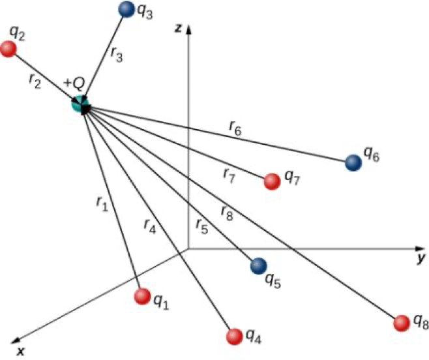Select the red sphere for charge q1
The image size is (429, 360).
pyautogui.click(x=141, y=297)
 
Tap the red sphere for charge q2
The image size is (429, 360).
pyautogui.click(x=8, y=49)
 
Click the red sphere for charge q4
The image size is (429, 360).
pyautogui.click(x=233, y=336)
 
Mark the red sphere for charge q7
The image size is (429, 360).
pyautogui.click(x=271, y=182)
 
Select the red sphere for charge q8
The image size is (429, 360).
pyautogui.click(x=403, y=322)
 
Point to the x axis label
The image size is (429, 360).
pyautogui.click(x=21, y=352)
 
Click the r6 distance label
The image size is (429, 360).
pyautogui.click(x=236, y=130)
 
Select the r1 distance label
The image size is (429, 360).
pyautogui.click(x=100, y=204)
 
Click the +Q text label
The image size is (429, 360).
pyautogui.click(x=74, y=84)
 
